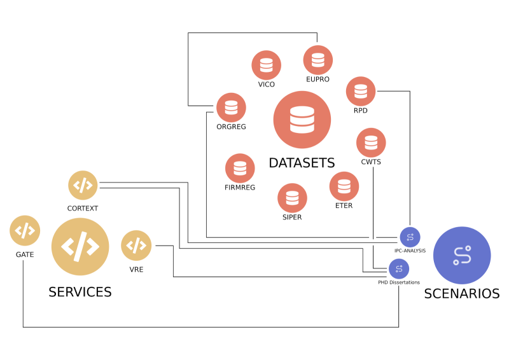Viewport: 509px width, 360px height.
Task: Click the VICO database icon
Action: click(266, 65)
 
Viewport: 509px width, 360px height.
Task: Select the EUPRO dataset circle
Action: click(317, 60)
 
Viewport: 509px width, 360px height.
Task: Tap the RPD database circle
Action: click(361, 91)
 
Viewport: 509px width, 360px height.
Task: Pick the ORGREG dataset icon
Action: click(231, 107)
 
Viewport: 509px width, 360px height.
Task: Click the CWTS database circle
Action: click(371, 142)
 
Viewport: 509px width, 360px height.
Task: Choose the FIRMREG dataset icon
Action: click(240, 168)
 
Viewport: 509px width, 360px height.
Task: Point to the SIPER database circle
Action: click(292, 198)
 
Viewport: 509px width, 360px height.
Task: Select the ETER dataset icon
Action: click(344, 186)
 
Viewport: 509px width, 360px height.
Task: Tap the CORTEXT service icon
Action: click(83, 186)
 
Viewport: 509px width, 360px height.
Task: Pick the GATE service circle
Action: click(25, 230)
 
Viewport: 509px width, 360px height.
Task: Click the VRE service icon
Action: click(136, 246)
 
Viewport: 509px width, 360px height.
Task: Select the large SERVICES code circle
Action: click(80, 247)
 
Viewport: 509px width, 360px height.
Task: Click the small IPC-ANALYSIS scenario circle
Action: click(410, 237)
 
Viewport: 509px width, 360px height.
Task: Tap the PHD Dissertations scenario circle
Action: click(400, 269)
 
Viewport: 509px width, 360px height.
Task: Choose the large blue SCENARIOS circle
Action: click(462, 255)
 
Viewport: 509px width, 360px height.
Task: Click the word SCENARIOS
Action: click(462, 294)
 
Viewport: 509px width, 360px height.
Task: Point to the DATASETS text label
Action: click(302, 163)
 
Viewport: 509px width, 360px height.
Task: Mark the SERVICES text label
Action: click(80, 292)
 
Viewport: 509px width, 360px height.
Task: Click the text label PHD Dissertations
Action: click(400, 282)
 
